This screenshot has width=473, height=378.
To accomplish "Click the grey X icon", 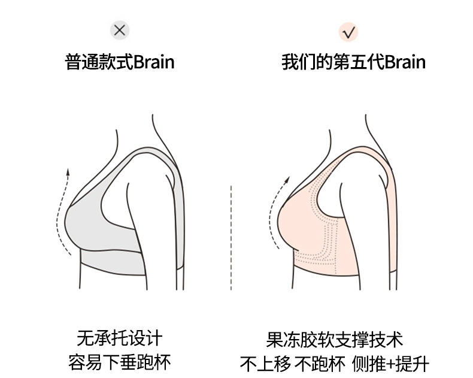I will point(120,30).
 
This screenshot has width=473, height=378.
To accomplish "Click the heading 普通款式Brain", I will point(120,62).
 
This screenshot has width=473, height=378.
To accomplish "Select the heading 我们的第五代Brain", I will point(353,62).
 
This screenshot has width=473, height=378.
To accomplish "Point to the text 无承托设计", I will point(120,338).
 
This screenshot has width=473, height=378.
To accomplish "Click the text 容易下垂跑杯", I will point(120,362).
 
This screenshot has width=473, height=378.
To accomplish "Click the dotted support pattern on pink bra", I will point(323,246).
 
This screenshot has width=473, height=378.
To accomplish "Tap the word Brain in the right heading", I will point(405,62).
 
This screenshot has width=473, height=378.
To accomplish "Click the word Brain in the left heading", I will point(154,62).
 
